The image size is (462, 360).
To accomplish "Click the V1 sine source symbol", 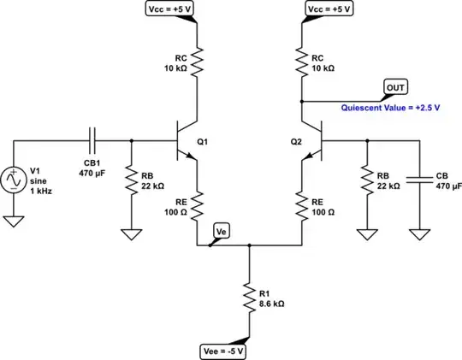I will pos(15,180).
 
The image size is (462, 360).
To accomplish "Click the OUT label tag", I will pos(396,86).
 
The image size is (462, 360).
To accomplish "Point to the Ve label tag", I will pos(221,230).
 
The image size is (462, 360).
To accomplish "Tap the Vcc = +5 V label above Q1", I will pos(172,9).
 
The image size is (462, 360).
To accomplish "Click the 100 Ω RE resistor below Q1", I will pos(198,204).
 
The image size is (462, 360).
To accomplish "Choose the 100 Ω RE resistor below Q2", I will pos(301,204).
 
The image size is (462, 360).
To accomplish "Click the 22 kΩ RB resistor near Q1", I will pos(131,181).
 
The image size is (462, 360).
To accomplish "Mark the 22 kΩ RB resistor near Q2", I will pos(365,181).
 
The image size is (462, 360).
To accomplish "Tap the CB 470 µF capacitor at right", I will pos(419,180).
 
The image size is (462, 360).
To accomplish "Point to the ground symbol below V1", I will pos(15,221).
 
